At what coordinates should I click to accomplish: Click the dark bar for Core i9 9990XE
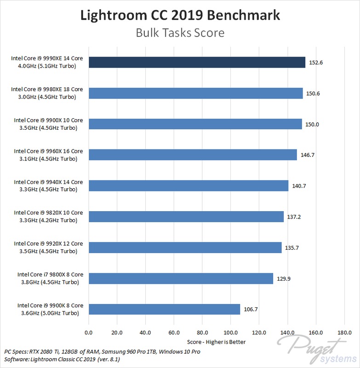197,63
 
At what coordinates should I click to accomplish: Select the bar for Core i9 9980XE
195,93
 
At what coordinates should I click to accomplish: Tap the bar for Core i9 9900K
164,309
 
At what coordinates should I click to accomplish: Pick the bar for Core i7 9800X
181,278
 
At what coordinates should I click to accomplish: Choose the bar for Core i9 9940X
188,186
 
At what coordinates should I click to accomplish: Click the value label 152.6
316,63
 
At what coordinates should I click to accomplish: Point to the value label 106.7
251,309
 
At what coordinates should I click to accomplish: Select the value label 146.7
308,155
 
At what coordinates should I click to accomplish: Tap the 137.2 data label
295,217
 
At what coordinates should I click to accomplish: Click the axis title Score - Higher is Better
217,342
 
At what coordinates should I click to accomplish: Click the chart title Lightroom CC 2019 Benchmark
180,16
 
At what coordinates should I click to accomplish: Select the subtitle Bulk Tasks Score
180,34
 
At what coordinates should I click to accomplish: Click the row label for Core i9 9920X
48,247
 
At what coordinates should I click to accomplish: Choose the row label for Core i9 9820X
48,217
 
